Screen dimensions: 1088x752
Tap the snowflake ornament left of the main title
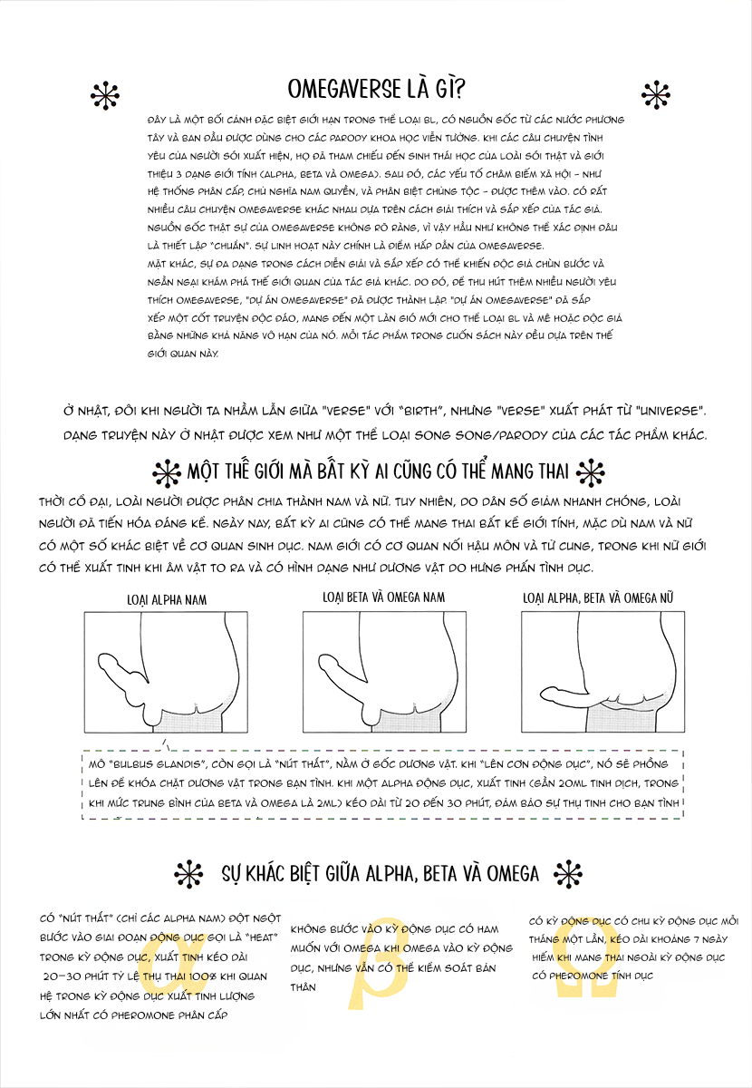point(107,93)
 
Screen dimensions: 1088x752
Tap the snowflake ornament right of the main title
point(654,93)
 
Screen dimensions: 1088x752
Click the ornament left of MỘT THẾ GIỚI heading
point(167,473)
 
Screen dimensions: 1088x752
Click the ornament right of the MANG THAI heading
point(590,472)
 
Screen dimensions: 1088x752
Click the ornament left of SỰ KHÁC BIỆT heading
point(188,874)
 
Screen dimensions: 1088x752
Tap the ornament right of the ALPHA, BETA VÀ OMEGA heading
point(568,873)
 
